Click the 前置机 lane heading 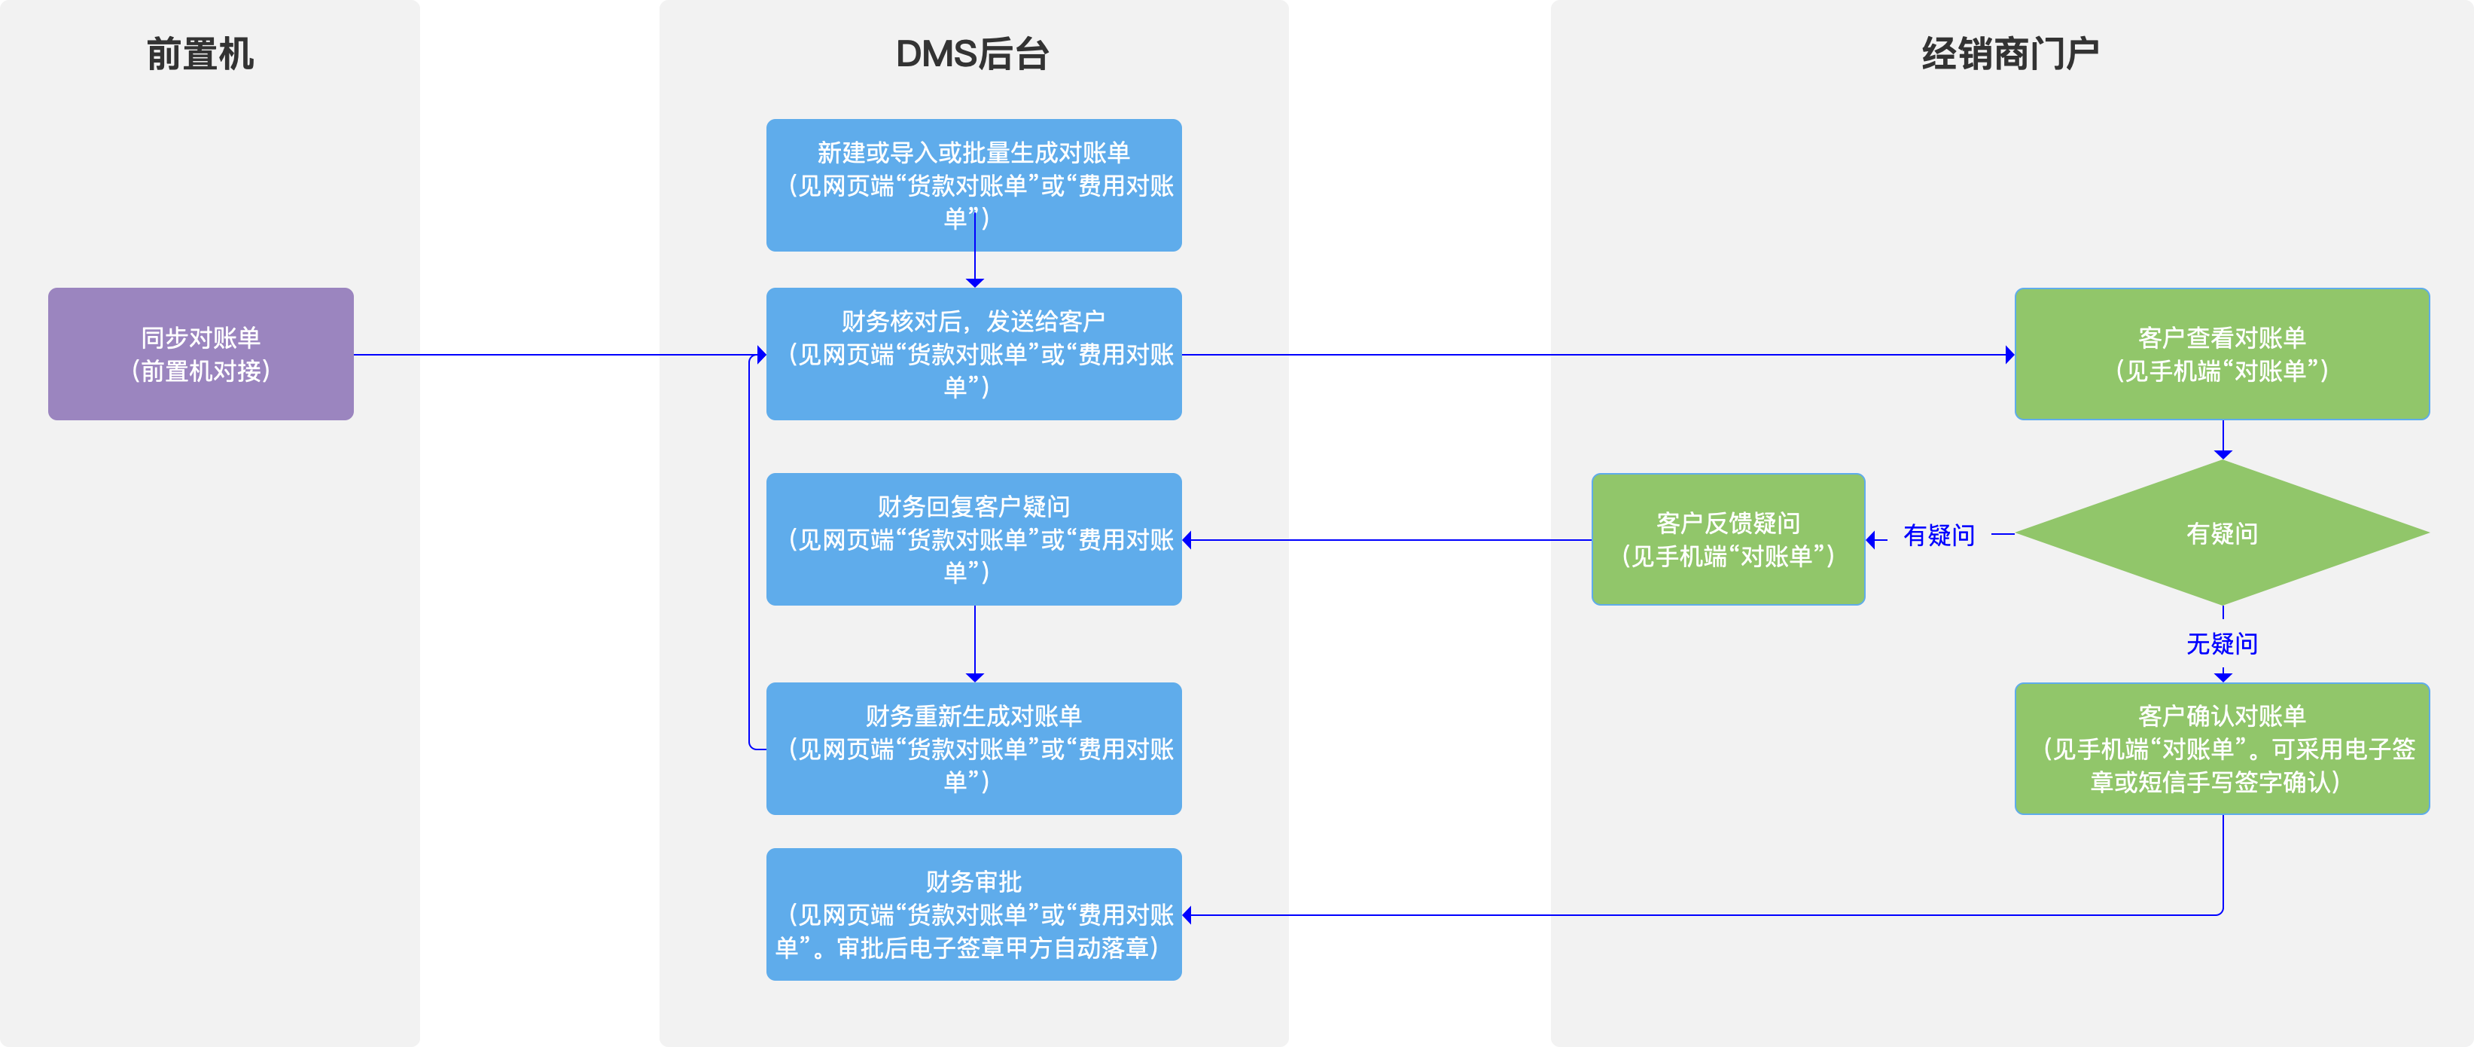[200, 53]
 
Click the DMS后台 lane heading [972, 53]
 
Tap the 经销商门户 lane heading [2009, 53]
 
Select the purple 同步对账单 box [201, 353]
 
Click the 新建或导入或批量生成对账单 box [973, 185]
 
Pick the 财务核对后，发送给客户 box [973, 353]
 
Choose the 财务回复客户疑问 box [973, 539]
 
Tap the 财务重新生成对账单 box [973, 748]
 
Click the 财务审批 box [973, 914]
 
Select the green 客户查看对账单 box [2222, 353]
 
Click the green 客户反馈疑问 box [1728, 539]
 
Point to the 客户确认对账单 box [2222, 748]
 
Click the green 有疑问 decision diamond [2222, 533]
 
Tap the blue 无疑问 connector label [2222, 643]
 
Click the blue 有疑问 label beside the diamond [1938, 535]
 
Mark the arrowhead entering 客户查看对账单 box [2009, 355]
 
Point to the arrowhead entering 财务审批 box [1188, 915]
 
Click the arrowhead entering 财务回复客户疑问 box [1188, 540]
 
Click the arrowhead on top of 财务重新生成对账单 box [975, 677]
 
